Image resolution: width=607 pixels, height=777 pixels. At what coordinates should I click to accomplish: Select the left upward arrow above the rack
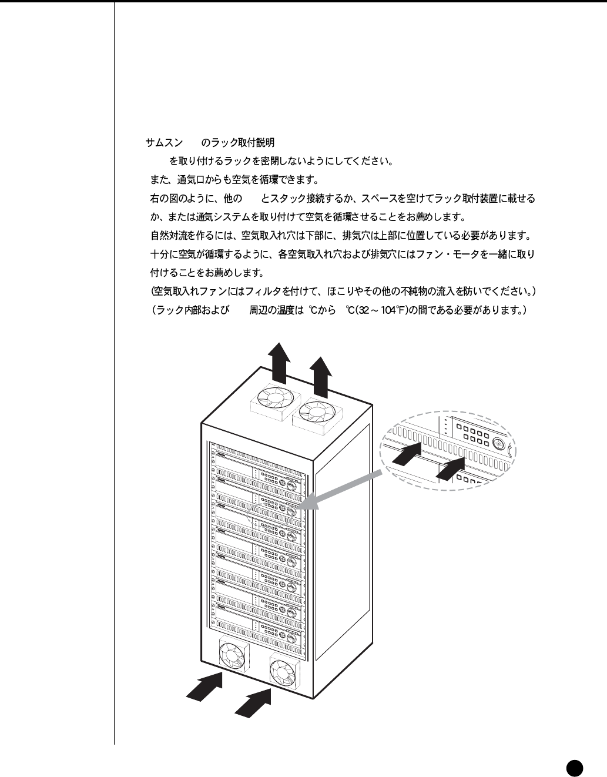point(279,360)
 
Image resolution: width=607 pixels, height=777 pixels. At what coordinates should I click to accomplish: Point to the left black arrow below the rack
point(205,686)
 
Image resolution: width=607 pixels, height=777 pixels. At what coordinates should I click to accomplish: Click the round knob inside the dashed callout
point(499,444)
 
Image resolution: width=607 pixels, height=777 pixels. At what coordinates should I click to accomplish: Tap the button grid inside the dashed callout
point(477,436)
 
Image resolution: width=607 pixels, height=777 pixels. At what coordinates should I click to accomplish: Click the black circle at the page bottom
point(574,766)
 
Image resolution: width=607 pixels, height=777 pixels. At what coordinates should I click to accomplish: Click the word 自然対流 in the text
point(169,236)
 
